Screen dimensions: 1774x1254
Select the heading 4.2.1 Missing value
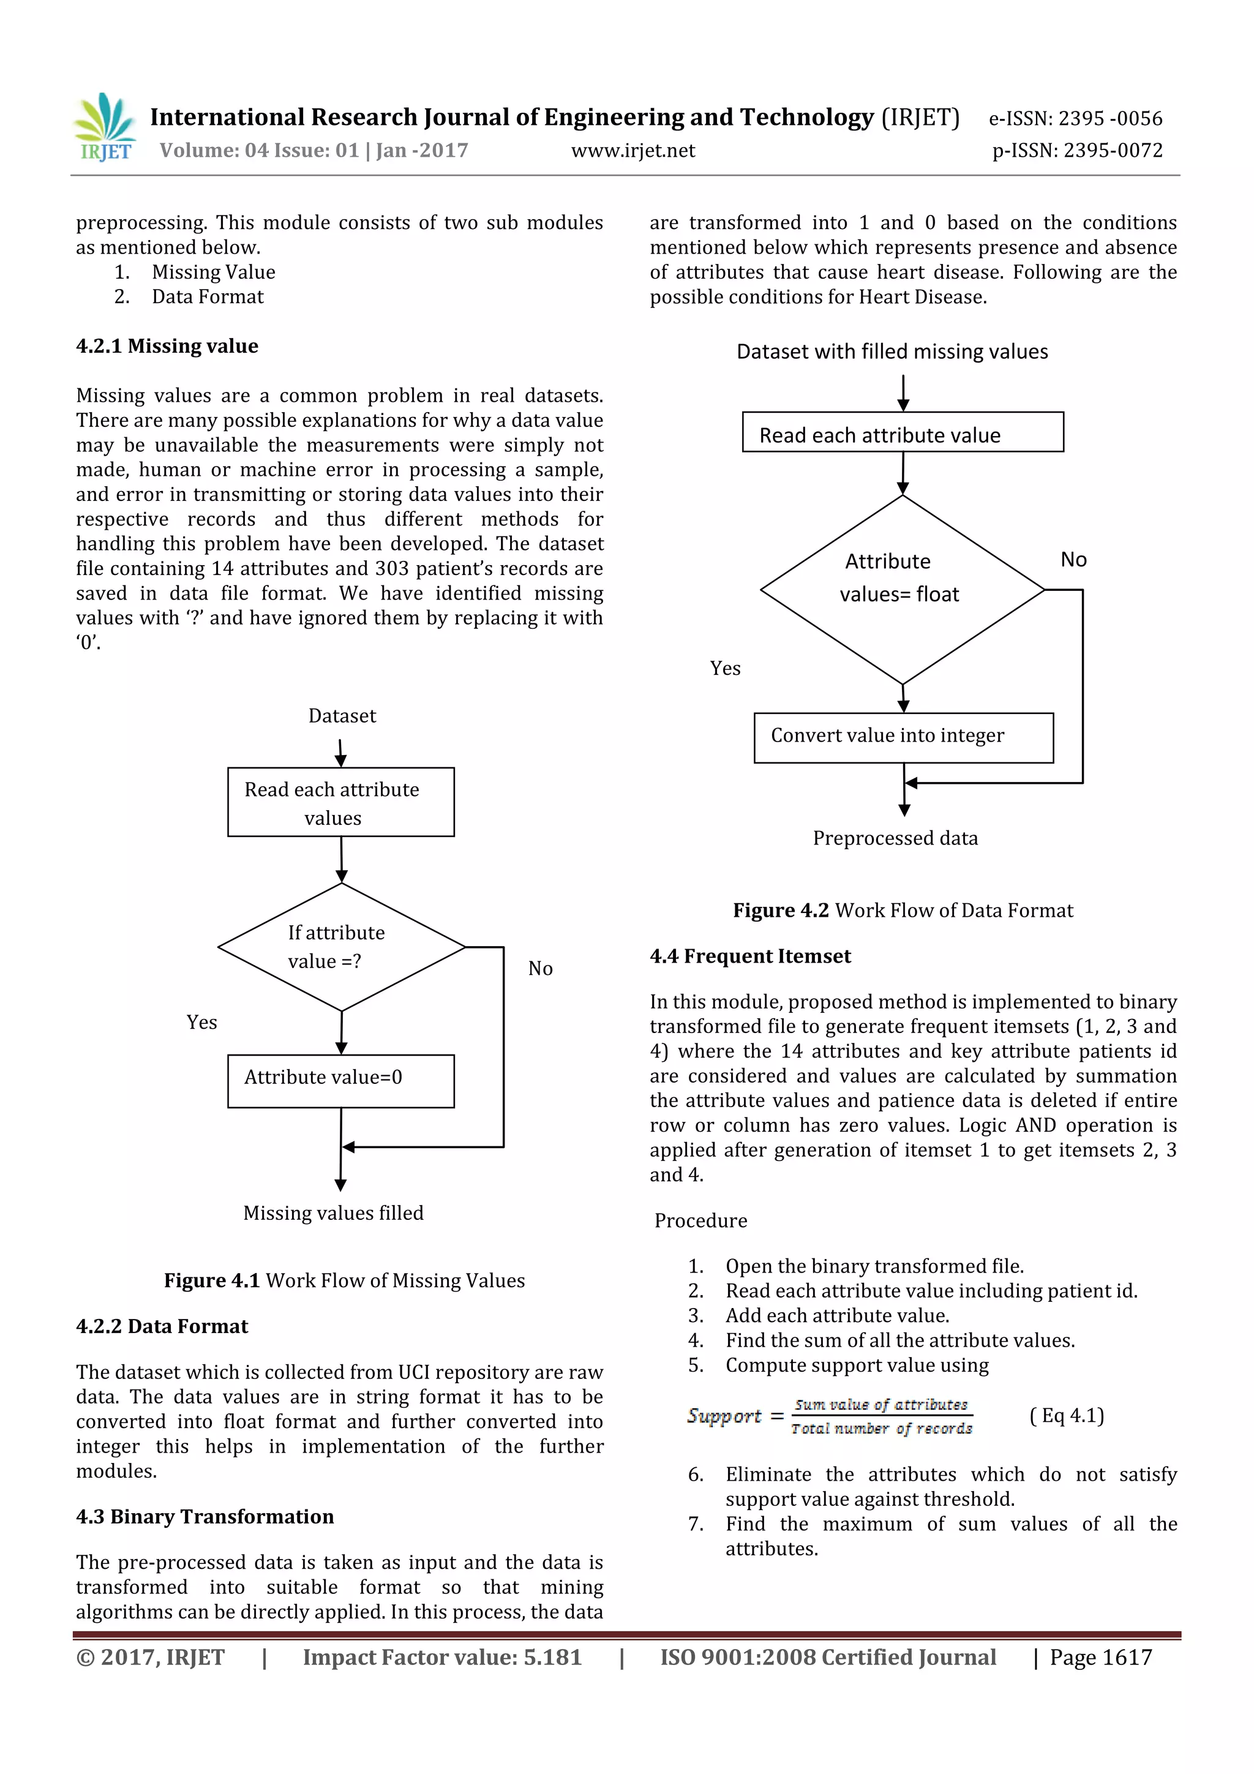pyautogui.click(x=167, y=346)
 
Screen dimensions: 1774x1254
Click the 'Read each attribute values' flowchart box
pyautogui.click(x=340, y=802)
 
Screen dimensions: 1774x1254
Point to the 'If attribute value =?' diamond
pyautogui.click(x=340, y=947)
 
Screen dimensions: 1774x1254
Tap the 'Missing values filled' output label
pyautogui.click(x=333, y=1213)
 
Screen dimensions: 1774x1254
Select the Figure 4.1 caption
pyautogui.click(x=344, y=1280)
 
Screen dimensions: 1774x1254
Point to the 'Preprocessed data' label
pyautogui.click(x=895, y=838)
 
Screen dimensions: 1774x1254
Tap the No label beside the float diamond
pyautogui.click(x=1073, y=560)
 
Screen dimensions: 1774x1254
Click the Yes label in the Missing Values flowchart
pyautogui.click(x=201, y=1022)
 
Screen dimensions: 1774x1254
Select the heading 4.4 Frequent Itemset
pyautogui.click(x=749, y=957)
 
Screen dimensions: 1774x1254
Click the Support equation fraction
pyautogui.click(x=882, y=1416)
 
